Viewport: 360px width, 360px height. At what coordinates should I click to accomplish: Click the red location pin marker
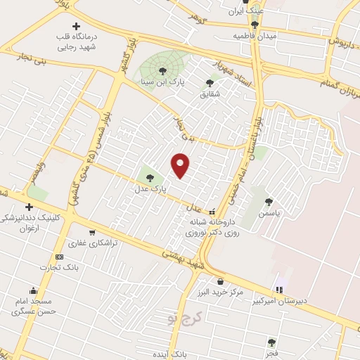181,165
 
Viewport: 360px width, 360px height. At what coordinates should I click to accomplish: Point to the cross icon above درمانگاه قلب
76,26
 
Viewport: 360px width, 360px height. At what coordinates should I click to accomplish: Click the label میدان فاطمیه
256,34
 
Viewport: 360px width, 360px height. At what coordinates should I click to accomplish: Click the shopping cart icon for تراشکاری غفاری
91,233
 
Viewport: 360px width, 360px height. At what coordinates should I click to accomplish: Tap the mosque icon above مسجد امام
32,290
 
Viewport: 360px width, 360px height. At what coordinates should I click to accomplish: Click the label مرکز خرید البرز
220,292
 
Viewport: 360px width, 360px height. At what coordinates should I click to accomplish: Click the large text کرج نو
185,321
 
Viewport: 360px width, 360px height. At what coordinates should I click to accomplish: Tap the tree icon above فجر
271,342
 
